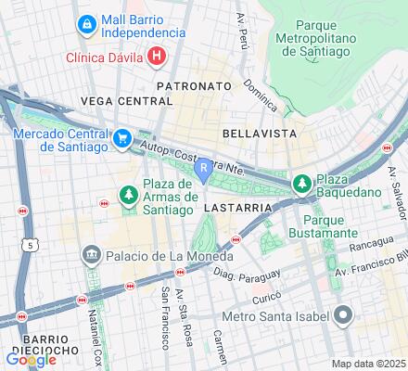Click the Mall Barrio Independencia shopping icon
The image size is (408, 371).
(x=86, y=21)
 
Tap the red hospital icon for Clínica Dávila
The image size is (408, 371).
(x=157, y=57)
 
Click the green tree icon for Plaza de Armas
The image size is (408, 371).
(x=129, y=194)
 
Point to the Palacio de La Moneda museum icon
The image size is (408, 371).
(x=91, y=254)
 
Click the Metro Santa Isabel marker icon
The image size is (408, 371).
(x=342, y=316)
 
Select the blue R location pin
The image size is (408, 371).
(x=204, y=169)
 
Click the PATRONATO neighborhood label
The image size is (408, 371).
(x=193, y=85)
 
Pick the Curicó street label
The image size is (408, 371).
(x=264, y=299)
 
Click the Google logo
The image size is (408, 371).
(x=31, y=360)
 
